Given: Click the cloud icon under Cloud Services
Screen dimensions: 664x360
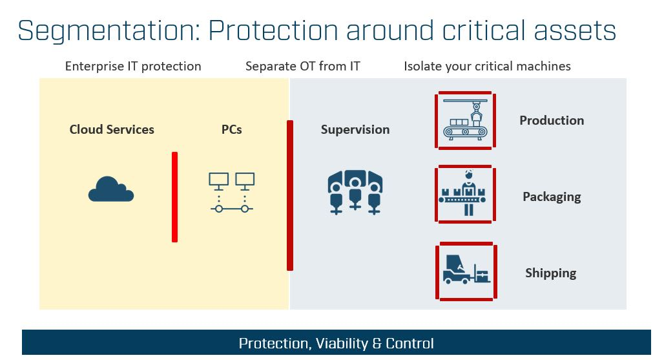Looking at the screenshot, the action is pos(111,189).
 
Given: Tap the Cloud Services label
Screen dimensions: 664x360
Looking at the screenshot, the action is pos(112,129).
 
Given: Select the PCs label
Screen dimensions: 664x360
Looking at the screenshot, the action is pos(232,129).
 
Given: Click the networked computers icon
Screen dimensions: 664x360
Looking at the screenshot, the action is pos(232,192).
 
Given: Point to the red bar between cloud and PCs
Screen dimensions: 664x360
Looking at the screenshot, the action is pos(174,197).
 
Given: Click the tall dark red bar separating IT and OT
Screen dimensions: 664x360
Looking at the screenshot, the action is pos(290,195).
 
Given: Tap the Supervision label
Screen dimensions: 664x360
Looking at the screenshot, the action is pos(355,129).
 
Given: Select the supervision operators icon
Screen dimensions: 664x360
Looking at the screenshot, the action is pos(355,193).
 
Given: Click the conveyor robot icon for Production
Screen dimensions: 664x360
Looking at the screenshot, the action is pos(466,120).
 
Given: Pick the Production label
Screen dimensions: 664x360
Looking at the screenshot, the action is pos(552,120).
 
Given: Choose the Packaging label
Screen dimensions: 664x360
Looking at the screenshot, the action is pos(552,197).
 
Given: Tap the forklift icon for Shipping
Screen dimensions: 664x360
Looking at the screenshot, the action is pos(466,270).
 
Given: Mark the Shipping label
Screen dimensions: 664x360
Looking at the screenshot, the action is pos(551,273).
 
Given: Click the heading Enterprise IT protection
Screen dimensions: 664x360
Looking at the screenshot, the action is pos(133,67).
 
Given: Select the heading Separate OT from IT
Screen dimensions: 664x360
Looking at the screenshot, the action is pos(303,66).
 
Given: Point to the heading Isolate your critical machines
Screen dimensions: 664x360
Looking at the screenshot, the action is pos(487,66).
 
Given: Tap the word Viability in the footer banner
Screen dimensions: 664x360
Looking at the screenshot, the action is pos(342,343).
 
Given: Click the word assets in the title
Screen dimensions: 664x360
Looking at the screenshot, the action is pos(575,31).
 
